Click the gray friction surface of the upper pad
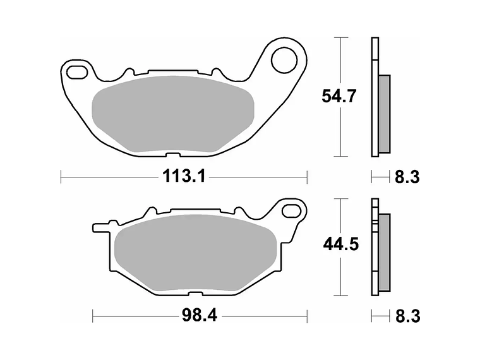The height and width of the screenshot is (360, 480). click(173, 116)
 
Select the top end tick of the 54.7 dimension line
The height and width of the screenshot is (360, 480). click(342, 38)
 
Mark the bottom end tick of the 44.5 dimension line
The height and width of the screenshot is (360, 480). click(342, 296)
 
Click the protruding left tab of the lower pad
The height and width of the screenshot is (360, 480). click(102, 225)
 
